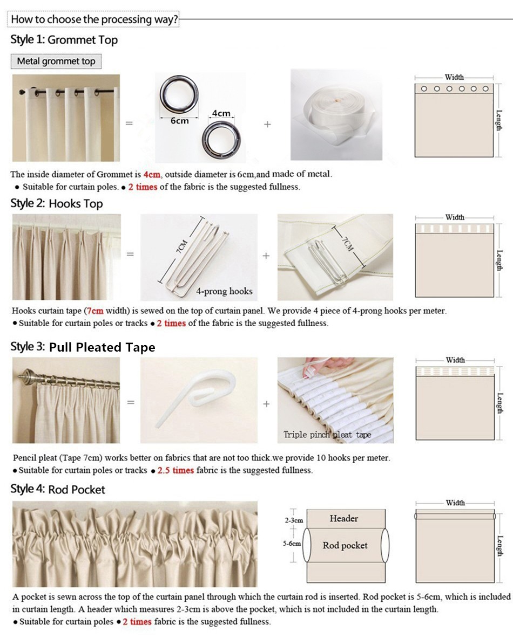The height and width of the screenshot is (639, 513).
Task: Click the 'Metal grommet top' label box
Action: (x=56, y=61)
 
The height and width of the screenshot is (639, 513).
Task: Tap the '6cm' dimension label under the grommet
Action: (x=180, y=121)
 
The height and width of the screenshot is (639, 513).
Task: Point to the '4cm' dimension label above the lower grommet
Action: (x=221, y=113)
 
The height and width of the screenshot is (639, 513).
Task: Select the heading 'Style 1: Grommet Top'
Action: (x=64, y=40)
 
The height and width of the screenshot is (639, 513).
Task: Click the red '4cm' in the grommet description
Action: (x=152, y=174)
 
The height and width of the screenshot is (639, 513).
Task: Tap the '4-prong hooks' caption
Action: (x=224, y=291)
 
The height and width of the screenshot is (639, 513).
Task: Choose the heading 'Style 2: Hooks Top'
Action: (x=57, y=203)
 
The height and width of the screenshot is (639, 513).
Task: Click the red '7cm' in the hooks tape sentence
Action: (x=95, y=311)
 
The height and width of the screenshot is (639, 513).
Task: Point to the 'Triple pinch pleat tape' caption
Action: (x=327, y=435)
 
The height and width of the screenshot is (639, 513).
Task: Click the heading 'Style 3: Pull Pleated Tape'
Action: (x=83, y=347)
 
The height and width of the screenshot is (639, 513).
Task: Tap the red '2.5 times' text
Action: (x=175, y=470)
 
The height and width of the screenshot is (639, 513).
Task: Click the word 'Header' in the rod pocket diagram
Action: (x=343, y=518)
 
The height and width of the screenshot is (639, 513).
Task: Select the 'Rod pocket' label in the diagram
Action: (x=345, y=545)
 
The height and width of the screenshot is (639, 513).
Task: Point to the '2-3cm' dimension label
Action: (x=294, y=520)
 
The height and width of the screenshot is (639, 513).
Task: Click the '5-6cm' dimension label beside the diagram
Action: (x=292, y=544)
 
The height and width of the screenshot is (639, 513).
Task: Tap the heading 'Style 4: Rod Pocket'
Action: (x=58, y=489)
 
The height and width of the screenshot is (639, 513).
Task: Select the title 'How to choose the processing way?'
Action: (x=94, y=19)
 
